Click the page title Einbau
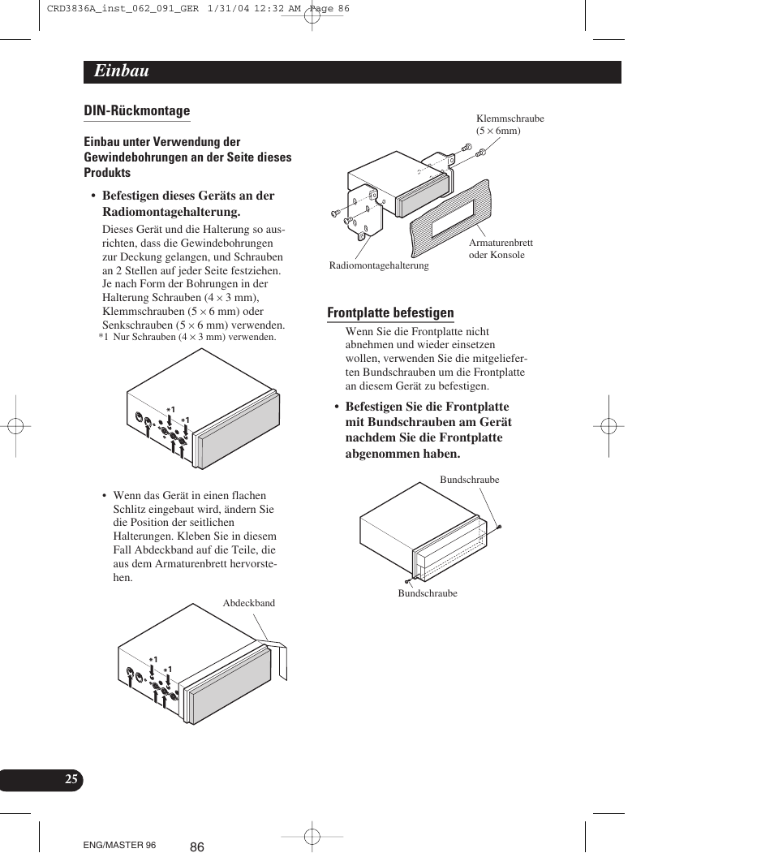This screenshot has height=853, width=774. pyautogui.click(x=121, y=71)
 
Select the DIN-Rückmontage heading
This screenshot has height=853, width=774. pyautogui.click(x=136, y=111)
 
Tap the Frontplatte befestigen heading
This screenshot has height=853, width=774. pyautogui.click(x=390, y=313)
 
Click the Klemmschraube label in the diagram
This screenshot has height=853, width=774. pyautogui.click(x=510, y=118)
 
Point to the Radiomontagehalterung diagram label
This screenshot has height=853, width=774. pyautogui.click(x=379, y=265)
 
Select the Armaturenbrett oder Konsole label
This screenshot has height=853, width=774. pyautogui.click(x=500, y=248)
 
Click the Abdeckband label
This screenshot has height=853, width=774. pyautogui.click(x=248, y=603)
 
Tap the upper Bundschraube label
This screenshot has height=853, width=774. pyautogui.click(x=469, y=480)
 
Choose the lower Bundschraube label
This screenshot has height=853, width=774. pyautogui.click(x=427, y=593)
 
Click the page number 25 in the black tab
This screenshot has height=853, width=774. pyautogui.click(x=71, y=779)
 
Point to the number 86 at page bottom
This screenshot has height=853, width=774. pyautogui.click(x=197, y=847)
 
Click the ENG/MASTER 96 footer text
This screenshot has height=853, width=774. pyautogui.click(x=119, y=845)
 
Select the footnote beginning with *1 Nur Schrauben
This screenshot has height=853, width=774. pyautogui.click(x=187, y=337)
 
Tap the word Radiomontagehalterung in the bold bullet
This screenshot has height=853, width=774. pyautogui.click(x=171, y=212)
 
